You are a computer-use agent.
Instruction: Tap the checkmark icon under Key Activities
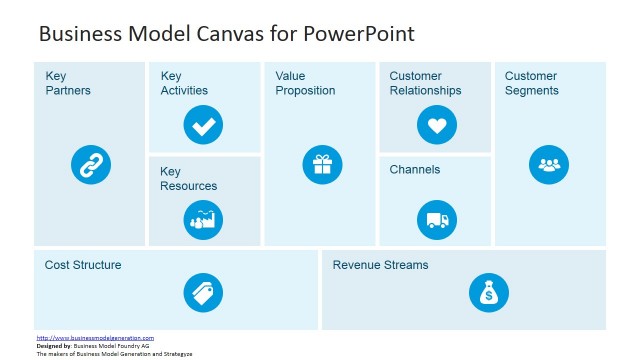click(x=204, y=126)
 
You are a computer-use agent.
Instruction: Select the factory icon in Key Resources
click(x=204, y=219)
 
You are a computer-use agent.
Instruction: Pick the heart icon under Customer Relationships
click(x=436, y=126)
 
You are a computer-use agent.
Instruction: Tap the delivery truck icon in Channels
click(x=436, y=219)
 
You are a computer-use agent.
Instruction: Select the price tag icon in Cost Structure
click(x=203, y=293)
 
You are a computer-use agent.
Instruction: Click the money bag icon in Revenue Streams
click(x=488, y=293)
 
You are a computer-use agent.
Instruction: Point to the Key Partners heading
click(x=68, y=83)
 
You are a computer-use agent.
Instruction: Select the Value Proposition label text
click(x=305, y=83)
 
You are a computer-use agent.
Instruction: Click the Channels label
click(x=415, y=170)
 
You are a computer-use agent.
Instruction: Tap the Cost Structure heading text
click(x=83, y=265)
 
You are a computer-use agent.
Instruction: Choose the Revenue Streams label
click(x=380, y=265)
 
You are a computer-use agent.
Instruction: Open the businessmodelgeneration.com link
click(x=95, y=338)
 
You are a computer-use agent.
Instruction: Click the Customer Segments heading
click(x=532, y=83)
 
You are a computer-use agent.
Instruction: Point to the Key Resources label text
click(x=188, y=178)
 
